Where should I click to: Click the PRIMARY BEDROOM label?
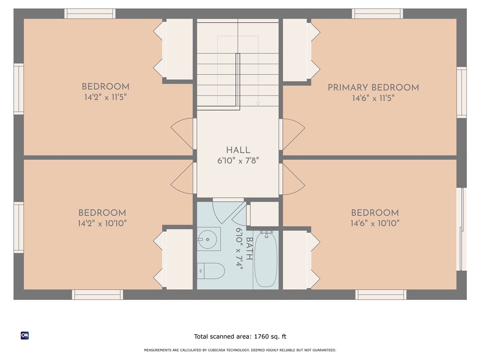pyautogui.click(x=373, y=88)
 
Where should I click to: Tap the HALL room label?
pyautogui.click(x=238, y=150)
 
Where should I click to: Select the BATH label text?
pyautogui.click(x=249, y=248)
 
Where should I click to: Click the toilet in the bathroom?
pyautogui.click(x=210, y=271)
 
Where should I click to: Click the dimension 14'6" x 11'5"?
pyautogui.click(x=373, y=98)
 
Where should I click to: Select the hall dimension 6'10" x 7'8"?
pyautogui.click(x=238, y=161)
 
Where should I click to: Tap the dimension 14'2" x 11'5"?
pyautogui.click(x=105, y=97)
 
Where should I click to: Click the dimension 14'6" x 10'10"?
pyautogui.click(x=375, y=223)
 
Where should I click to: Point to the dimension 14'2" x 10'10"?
pyautogui.click(x=102, y=223)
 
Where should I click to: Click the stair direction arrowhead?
pyautogui.click(x=258, y=104)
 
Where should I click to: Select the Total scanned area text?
pyautogui.click(x=240, y=337)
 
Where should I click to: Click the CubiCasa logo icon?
pyautogui.click(x=25, y=336)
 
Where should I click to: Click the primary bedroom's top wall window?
pyautogui.click(x=377, y=14)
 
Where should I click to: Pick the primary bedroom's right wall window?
pyautogui.click(x=462, y=92)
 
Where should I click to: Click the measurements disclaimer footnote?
pyautogui.click(x=240, y=350)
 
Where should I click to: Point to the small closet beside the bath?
pyautogui.click(x=264, y=214)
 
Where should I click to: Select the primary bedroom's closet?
pyautogui.click(x=295, y=50)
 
